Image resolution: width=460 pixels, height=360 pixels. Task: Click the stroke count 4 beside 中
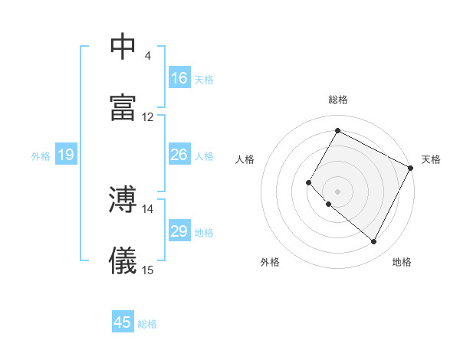147,56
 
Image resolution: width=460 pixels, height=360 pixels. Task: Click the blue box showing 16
179,78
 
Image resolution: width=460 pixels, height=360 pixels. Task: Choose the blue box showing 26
179,155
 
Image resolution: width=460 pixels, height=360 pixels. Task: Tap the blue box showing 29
179,231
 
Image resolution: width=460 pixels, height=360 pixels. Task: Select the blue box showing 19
66,155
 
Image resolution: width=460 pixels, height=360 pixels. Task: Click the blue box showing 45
123,322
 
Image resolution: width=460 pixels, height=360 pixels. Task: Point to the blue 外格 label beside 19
41,155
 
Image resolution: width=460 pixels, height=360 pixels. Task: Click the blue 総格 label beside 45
147,323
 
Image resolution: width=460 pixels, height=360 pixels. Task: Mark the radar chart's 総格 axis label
337,100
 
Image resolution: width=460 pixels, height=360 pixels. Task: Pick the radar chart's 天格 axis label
431,159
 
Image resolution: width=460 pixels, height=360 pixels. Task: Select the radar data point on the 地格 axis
374,242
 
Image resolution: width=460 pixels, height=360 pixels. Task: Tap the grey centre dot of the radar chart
337,191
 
